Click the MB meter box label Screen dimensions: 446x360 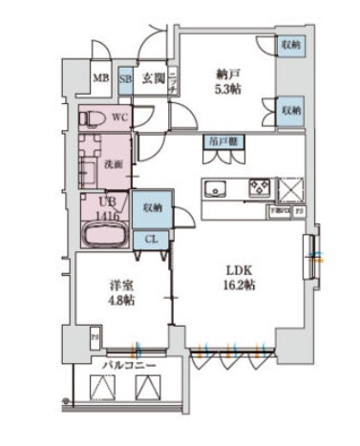99,80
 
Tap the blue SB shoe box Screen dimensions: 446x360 125,80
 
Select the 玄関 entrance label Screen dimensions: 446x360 155,79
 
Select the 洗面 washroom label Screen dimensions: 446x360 112,163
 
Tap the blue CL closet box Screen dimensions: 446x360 152,240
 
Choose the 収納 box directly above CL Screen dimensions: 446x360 152,208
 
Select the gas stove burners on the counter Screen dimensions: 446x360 260,187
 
